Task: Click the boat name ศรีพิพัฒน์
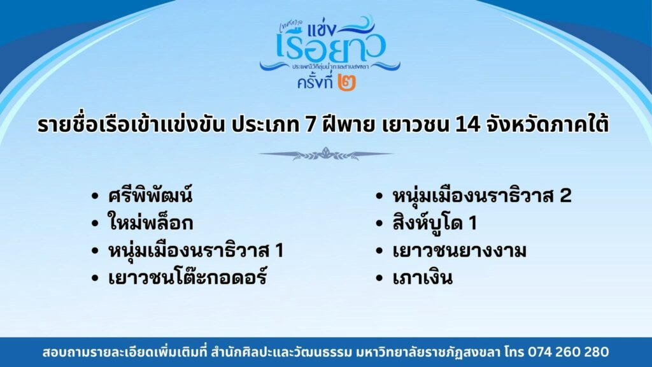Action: coord(150,195)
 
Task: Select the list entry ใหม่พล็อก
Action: coord(150,222)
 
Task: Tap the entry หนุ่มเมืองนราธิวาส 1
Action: coord(196,250)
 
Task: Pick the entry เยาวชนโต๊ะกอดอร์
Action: coord(187,277)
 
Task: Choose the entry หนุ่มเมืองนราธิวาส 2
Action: coord(482,196)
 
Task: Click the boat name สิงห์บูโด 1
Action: coord(434,222)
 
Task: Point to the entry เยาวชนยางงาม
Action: coord(460,251)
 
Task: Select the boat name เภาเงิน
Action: coord(422,278)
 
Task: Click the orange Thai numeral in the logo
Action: coord(347,82)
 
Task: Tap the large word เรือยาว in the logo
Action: coord(331,47)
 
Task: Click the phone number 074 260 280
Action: coord(569,352)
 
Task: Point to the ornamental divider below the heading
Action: coord(325,154)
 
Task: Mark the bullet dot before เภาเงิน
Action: coord(378,278)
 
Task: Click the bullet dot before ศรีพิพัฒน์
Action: coord(95,196)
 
